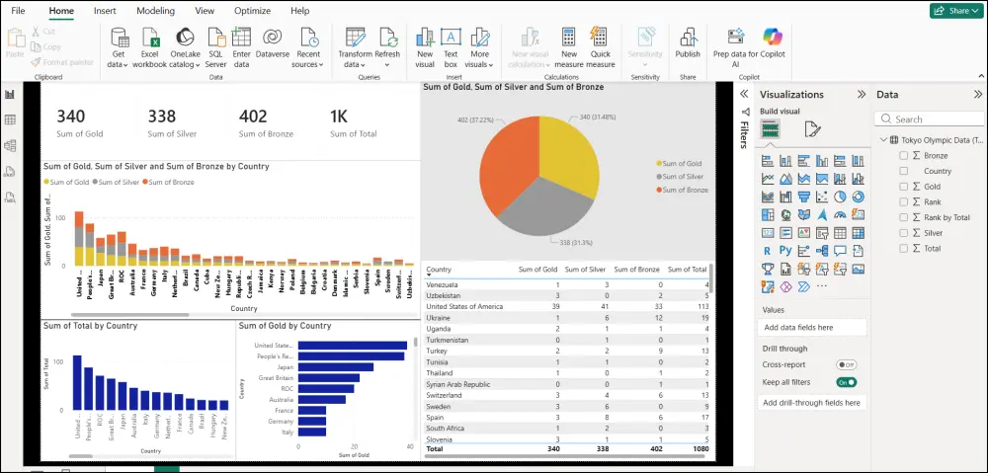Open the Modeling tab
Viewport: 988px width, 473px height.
pyautogui.click(x=155, y=11)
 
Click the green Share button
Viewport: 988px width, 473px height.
pyautogui.click(x=954, y=11)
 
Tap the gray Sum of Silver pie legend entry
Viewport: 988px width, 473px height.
pyautogui.click(x=683, y=176)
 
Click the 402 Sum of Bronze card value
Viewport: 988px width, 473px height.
pyautogui.click(x=253, y=117)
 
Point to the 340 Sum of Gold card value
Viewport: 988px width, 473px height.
pyautogui.click(x=70, y=117)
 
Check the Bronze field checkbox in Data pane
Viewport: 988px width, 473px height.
pyautogui.click(x=903, y=156)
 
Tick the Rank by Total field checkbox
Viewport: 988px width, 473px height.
pyautogui.click(x=903, y=217)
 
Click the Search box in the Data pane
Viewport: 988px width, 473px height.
pyautogui.click(x=929, y=119)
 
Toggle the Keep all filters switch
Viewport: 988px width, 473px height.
pyautogui.click(x=845, y=381)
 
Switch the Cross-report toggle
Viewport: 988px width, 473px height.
pyautogui.click(x=845, y=364)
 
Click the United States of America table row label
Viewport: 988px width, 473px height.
pyautogui.click(x=464, y=306)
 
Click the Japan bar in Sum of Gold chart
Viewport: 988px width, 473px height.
pyautogui.click(x=336, y=366)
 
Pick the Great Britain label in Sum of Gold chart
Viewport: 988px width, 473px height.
pyautogui.click(x=274, y=377)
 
